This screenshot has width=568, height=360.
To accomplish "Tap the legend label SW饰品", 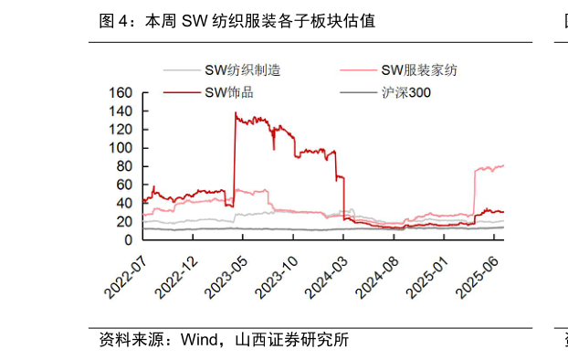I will [x=229, y=92].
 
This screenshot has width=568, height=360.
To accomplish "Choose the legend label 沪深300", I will [x=406, y=92].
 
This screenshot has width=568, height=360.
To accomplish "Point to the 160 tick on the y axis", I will [x=121, y=93].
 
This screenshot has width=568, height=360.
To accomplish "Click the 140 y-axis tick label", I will [x=121, y=111].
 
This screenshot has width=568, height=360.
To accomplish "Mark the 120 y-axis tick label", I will [x=121, y=130].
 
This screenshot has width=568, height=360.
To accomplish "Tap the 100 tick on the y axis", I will [x=121, y=148].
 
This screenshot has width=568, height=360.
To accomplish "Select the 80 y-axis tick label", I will [x=125, y=166].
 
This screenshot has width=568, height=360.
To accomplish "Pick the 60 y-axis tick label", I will [x=125, y=185].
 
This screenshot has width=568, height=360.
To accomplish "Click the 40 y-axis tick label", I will [x=125, y=203].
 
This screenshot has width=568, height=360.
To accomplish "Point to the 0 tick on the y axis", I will [x=129, y=239].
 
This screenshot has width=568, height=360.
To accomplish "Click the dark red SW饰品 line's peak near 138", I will [x=236, y=113].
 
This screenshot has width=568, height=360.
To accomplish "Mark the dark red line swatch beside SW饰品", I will [x=182, y=92].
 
